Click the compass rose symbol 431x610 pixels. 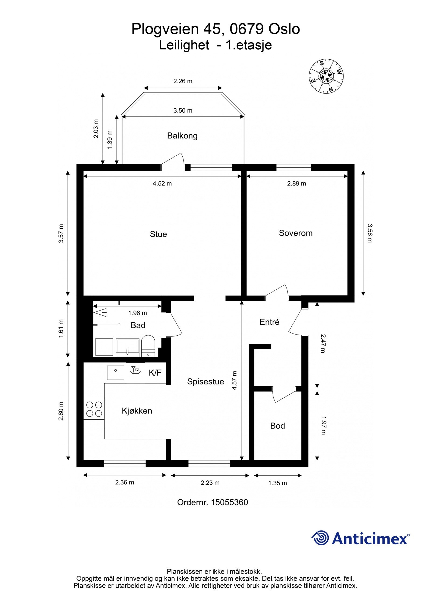tap(326, 76)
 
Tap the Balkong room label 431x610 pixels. tap(182, 136)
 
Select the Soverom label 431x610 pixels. tap(296, 233)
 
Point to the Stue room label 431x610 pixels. tap(158, 234)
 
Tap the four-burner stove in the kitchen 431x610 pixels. tap(94, 409)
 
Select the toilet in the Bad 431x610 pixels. tap(148, 346)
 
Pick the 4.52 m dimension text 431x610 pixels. tap(162, 184)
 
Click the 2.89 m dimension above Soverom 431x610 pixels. tap(296, 184)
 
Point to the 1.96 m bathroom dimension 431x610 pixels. tap(137, 313)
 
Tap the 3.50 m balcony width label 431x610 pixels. tap(183, 111)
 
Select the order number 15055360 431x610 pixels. tap(229, 502)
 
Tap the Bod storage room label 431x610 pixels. tap(277, 426)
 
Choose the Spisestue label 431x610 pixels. tap(206, 382)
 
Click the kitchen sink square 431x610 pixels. tap(115, 373)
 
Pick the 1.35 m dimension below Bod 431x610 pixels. tap(277, 483)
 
